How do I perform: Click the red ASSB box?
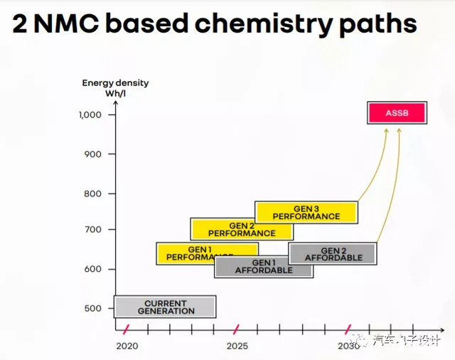click(397, 112)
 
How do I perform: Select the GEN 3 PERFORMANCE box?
click(306, 212)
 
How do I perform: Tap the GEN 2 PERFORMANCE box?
click(242, 229)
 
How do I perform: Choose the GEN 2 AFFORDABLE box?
click(333, 254)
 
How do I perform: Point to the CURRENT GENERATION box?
click(165, 307)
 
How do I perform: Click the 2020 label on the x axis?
click(127, 346)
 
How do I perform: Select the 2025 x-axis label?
click(237, 346)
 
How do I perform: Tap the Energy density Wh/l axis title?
click(115, 88)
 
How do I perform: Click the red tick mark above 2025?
click(237, 329)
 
